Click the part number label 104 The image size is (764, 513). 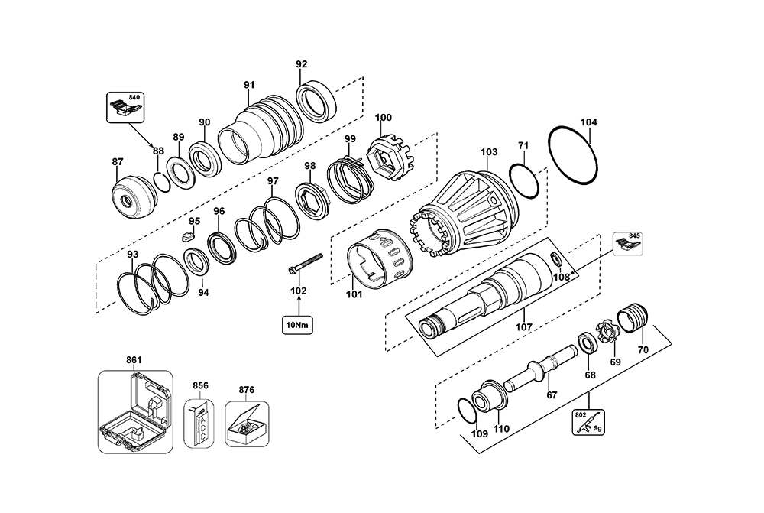click(589, 122)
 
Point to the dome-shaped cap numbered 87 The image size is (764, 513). click(134, 196)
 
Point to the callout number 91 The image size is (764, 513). click(249, 85)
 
